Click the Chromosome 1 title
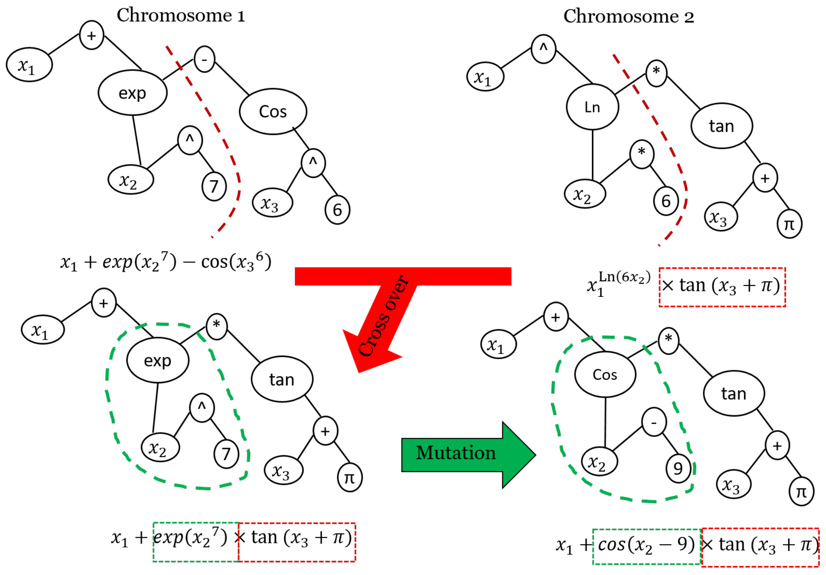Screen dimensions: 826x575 (x=181, y=16)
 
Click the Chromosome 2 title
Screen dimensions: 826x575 (x=628, y=16)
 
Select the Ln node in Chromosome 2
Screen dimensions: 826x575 (x=592, y=107)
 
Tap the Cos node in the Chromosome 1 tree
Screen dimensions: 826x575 (x=273, y=111)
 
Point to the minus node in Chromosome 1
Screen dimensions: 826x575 (x=204, y=59)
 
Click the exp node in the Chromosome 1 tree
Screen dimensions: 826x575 (x=132, y=93)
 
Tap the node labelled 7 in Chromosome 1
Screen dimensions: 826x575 (x=214, y=186)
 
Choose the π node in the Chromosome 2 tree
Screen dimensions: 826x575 (x=789, y=224)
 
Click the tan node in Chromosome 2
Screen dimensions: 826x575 (x=722, y=126)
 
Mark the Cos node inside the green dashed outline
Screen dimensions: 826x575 (x=605, y=374)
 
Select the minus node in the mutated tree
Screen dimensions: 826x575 (x=654, y=422)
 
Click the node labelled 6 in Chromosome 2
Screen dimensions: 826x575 (x=666, y=201)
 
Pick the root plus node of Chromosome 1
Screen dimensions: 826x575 (x=91, y=35)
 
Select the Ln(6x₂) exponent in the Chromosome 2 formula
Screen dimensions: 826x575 (x=624, y=277)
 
